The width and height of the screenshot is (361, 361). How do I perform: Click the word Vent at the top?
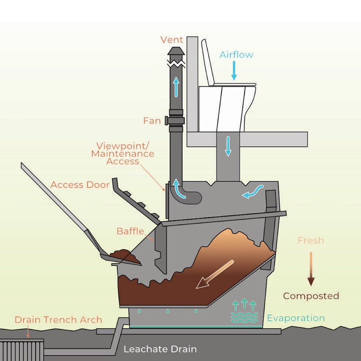click(x=172, y=40)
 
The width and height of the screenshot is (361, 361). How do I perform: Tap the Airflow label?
click(x=236, y=55)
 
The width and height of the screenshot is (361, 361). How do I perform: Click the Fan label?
click(x=152, y=120)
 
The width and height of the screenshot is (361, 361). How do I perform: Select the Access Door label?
click(x=80, y=185)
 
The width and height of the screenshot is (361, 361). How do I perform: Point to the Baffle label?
click(x=130, y=231)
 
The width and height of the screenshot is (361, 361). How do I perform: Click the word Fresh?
click(x=310, y=240)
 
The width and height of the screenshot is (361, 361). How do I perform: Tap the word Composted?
click(x=311, y=296)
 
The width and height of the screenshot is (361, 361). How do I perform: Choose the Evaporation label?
click(x=296, y=318)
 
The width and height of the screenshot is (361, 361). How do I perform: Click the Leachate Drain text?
click(x=160, y=349)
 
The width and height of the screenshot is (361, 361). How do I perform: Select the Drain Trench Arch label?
click(x=58, y=319)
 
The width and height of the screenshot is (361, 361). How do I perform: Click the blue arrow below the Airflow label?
click(x=234, y=71)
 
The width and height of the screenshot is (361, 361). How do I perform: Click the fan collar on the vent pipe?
click(x=176, y=121)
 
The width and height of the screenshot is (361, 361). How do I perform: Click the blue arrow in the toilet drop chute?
click(x=227, y=146)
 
